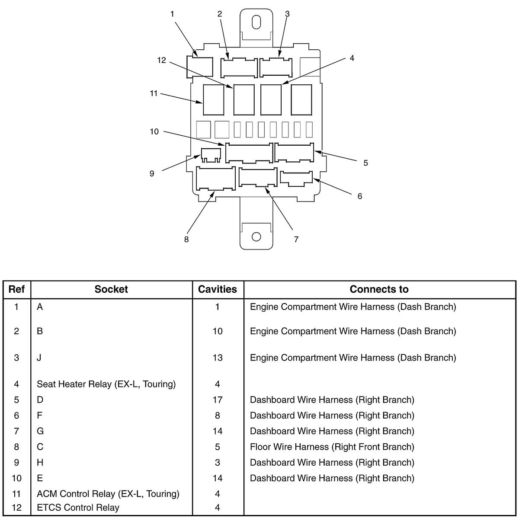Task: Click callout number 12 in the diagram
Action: coord(161,60)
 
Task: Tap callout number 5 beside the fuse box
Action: coord(365,163)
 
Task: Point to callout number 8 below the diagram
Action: coord(186,240)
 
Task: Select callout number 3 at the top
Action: coord(287,14)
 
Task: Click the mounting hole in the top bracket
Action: coord(256,22)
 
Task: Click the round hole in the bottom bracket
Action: coord(256,237)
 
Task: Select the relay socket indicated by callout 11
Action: coord(214,100)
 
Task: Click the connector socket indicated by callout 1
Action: coord(199,67)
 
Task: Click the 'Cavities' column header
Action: coord(218,289)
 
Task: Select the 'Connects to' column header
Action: coord(379,289)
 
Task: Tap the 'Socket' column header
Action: coord(111,289)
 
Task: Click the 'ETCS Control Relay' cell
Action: coord(78,507)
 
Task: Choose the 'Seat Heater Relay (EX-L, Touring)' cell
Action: coord(106,384)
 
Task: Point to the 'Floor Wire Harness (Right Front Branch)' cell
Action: coord(332,447)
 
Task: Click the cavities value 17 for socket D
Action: coord(218,400)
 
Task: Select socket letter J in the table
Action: coord(39,358)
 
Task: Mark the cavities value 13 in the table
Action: coord(218,358)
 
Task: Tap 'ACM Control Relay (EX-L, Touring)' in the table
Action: coord(108,493)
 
